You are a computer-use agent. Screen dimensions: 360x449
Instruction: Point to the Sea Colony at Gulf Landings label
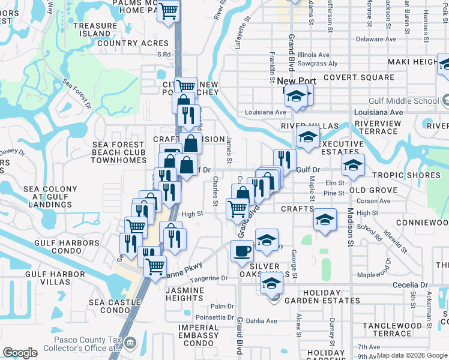(x=50, y=197)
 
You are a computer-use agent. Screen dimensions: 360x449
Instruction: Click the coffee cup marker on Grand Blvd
(x=242, y=251)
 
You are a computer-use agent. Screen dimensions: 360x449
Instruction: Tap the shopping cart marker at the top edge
(x=169, y=11)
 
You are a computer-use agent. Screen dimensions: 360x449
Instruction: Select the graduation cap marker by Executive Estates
(x=308, y=137)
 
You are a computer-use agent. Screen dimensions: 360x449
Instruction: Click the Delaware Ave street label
(x=376, y=39)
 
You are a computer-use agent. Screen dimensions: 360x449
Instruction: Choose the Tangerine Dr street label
(x=208, y=278)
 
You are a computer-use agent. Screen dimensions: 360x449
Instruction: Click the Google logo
(x=20, y=353)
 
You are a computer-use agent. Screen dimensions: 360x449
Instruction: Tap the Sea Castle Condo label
(x=113, y=306)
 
